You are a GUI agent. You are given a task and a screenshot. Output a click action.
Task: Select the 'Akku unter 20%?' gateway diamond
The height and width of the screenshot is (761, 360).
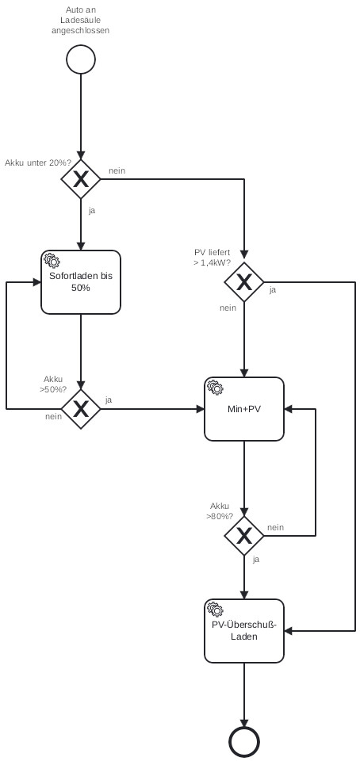[x=81, y=179]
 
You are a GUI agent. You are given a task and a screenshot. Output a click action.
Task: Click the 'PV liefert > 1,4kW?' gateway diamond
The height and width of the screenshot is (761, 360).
[x=244, y=282]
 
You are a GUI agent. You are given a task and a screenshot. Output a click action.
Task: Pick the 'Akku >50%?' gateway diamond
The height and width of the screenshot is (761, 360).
[x=81, y=409]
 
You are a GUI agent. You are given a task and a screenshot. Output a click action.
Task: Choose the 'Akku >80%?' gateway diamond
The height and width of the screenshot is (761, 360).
[x=244, y=536]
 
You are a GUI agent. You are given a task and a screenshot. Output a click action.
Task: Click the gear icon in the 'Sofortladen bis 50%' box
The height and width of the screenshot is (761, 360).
[x=51, y=261]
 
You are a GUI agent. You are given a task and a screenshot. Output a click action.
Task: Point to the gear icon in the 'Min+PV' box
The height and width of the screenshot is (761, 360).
[x=215, y=388]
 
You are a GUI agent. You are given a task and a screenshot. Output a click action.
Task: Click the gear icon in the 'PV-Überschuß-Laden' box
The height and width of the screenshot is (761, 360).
[x=215, y=609]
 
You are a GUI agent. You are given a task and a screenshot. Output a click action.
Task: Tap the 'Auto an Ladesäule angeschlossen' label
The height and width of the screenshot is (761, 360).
[x=81, y=20]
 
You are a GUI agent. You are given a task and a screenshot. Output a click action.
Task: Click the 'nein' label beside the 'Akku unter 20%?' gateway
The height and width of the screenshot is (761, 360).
[x=117, y=171]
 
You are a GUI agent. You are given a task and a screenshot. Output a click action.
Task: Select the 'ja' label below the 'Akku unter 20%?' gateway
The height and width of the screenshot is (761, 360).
[x=92, y=211]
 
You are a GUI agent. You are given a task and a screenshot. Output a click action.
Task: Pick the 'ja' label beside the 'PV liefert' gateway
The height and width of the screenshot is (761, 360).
[x=273, y=290]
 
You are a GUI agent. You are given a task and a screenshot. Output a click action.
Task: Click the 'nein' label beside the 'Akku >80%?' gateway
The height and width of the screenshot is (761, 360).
[x=276, y=528]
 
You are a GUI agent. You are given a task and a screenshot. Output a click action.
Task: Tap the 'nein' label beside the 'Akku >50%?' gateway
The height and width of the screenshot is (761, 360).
[x=53, y=416]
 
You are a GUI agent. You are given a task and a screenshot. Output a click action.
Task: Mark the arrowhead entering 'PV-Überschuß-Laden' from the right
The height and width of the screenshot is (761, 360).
[x=288, y=631]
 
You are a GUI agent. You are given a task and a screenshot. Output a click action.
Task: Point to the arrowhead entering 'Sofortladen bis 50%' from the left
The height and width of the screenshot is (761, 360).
[x=37, y=282]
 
